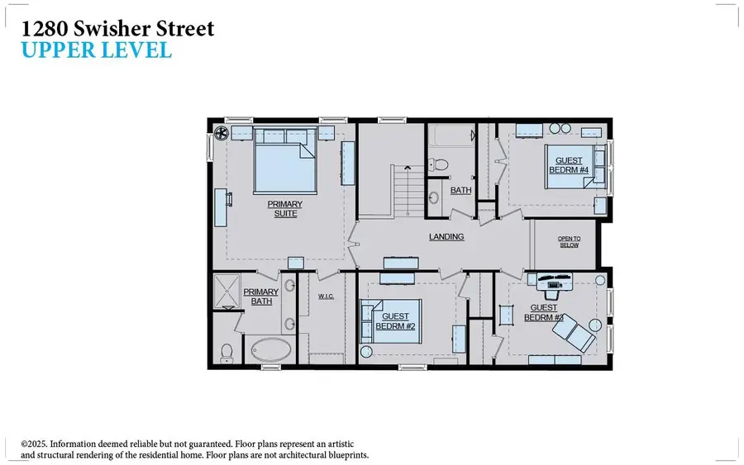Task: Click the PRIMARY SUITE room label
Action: [284, 208]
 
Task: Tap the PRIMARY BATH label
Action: [261, 296]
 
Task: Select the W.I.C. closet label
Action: [326, 297]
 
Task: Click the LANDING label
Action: [446, 237]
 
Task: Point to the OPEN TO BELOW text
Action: [570, 242]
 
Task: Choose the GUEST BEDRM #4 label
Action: [569, 165]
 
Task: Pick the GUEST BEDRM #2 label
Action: [393, 320]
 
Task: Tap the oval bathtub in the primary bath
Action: [270, 349]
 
